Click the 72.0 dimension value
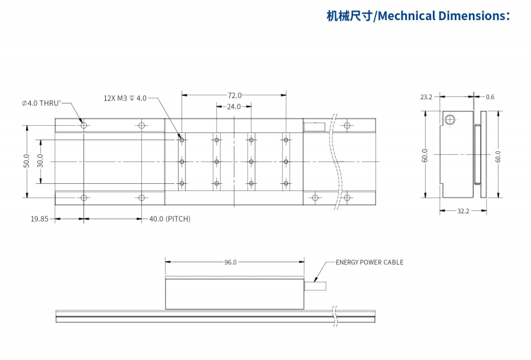[x=235, y=95]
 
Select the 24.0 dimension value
[x=234, y=107]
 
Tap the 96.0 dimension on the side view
[x=231, y=262]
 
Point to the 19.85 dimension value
[x=40, y=219]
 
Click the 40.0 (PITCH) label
[x=170, y=219]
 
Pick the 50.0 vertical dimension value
[x=27, y=161]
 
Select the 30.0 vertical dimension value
[x=40, y=161]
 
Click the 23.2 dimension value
[x=426, y=97]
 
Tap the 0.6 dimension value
[x=490, y=97]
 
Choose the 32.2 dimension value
[x=463, y=211]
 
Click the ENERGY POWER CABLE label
[x=370, y=262]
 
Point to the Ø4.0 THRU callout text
[x=41, y=103]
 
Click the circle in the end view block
[x=451, y=120]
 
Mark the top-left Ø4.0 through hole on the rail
[x=84, y=125]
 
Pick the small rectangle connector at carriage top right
[x=314, y=125]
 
